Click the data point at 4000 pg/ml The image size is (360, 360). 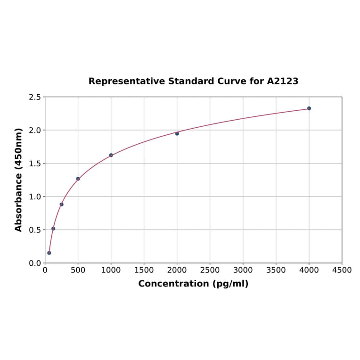tap(309, 108)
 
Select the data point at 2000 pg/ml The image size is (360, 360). tap(177, 133)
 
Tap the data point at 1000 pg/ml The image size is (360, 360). tap(111, 155)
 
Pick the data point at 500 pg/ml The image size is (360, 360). tap(78, 179)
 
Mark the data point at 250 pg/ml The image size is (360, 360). tap(62, 205)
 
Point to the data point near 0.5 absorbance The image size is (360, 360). tap(53, 229)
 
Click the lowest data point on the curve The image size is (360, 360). tap(49, 253)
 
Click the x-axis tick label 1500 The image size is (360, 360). tap(144, 270)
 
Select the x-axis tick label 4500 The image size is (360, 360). tap(342, 270)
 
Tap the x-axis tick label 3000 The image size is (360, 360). tap(243, 270)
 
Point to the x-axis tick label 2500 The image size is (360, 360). tap(210, 270)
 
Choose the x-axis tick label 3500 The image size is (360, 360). tap(276, 270)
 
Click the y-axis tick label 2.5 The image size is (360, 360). tap(35, 97)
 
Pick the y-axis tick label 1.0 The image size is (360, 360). tap(35, 196)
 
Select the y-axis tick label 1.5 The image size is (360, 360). tap(35, 164)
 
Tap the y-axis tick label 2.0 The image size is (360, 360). tap(35, 130)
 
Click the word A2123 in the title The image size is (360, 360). tap(283, 81)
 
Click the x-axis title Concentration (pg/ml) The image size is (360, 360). tap(193, 284)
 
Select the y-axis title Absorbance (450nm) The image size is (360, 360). tap(19, 180)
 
